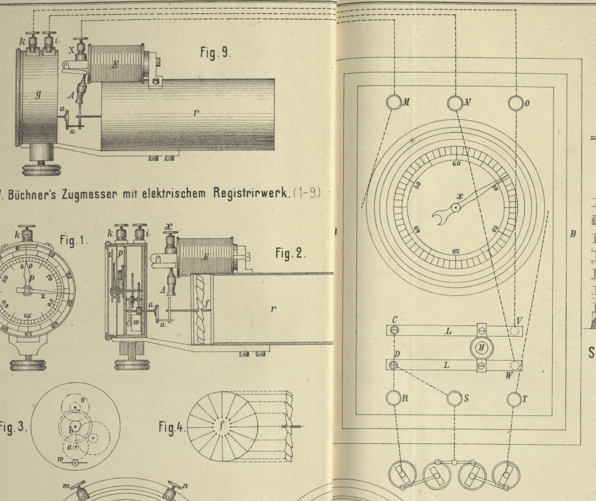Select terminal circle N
[454, 102]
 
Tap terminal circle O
[515, 102]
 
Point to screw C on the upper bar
[394, 330]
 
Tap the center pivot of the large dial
[456, 207]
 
